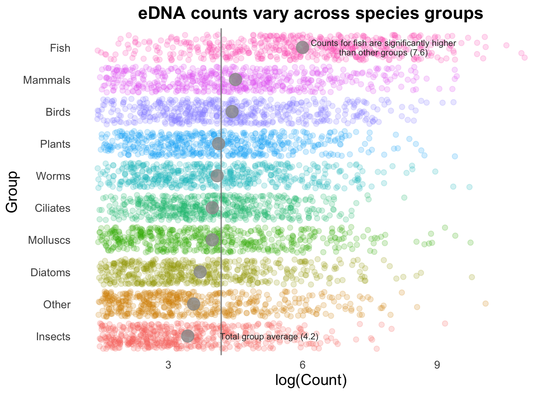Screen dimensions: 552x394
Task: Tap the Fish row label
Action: coord(60,48)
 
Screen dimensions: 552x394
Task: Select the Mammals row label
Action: coord(47,80)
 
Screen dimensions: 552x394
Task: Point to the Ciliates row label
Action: coord(53,208)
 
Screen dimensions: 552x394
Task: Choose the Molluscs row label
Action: coord(49,240)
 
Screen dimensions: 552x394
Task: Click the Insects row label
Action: coord(53,337)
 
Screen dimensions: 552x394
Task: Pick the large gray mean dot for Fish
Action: coord(302,47)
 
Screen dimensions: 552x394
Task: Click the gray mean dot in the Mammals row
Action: coord(235,80)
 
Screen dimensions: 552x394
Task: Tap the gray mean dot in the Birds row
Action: coord(232,112)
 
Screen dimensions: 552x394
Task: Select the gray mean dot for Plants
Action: coord(218,144)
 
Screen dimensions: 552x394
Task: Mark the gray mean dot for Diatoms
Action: coord(200,272)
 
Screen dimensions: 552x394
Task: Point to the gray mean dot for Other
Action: coord(193,304)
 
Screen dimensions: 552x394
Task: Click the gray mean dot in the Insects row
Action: coord(188,336)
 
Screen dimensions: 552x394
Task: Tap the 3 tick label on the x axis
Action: coord(168,365)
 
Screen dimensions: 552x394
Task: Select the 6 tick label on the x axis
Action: coord(302,365)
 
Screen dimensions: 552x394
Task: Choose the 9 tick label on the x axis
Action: coord(437,365)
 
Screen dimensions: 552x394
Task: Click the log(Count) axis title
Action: coord(311,380)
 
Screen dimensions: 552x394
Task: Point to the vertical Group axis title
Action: coord(12,192)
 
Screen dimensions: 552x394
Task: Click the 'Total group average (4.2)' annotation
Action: coord(269,337)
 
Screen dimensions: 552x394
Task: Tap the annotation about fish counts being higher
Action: coord(383,48)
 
